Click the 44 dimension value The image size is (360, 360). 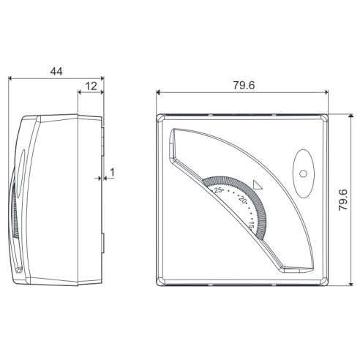tap(56, 72)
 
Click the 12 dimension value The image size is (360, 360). tap(91, 86)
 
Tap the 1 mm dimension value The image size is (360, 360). tap(112, 173)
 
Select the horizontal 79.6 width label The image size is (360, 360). tap(244, 86)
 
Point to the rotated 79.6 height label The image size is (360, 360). tap(343, 200)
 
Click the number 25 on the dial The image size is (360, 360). tap(218, 190)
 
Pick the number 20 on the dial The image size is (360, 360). tap(243, 200)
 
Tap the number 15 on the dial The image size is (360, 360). tap(252, 225)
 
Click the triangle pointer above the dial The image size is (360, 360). tap(258, 184)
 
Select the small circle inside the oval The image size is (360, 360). tap(303, 174)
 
